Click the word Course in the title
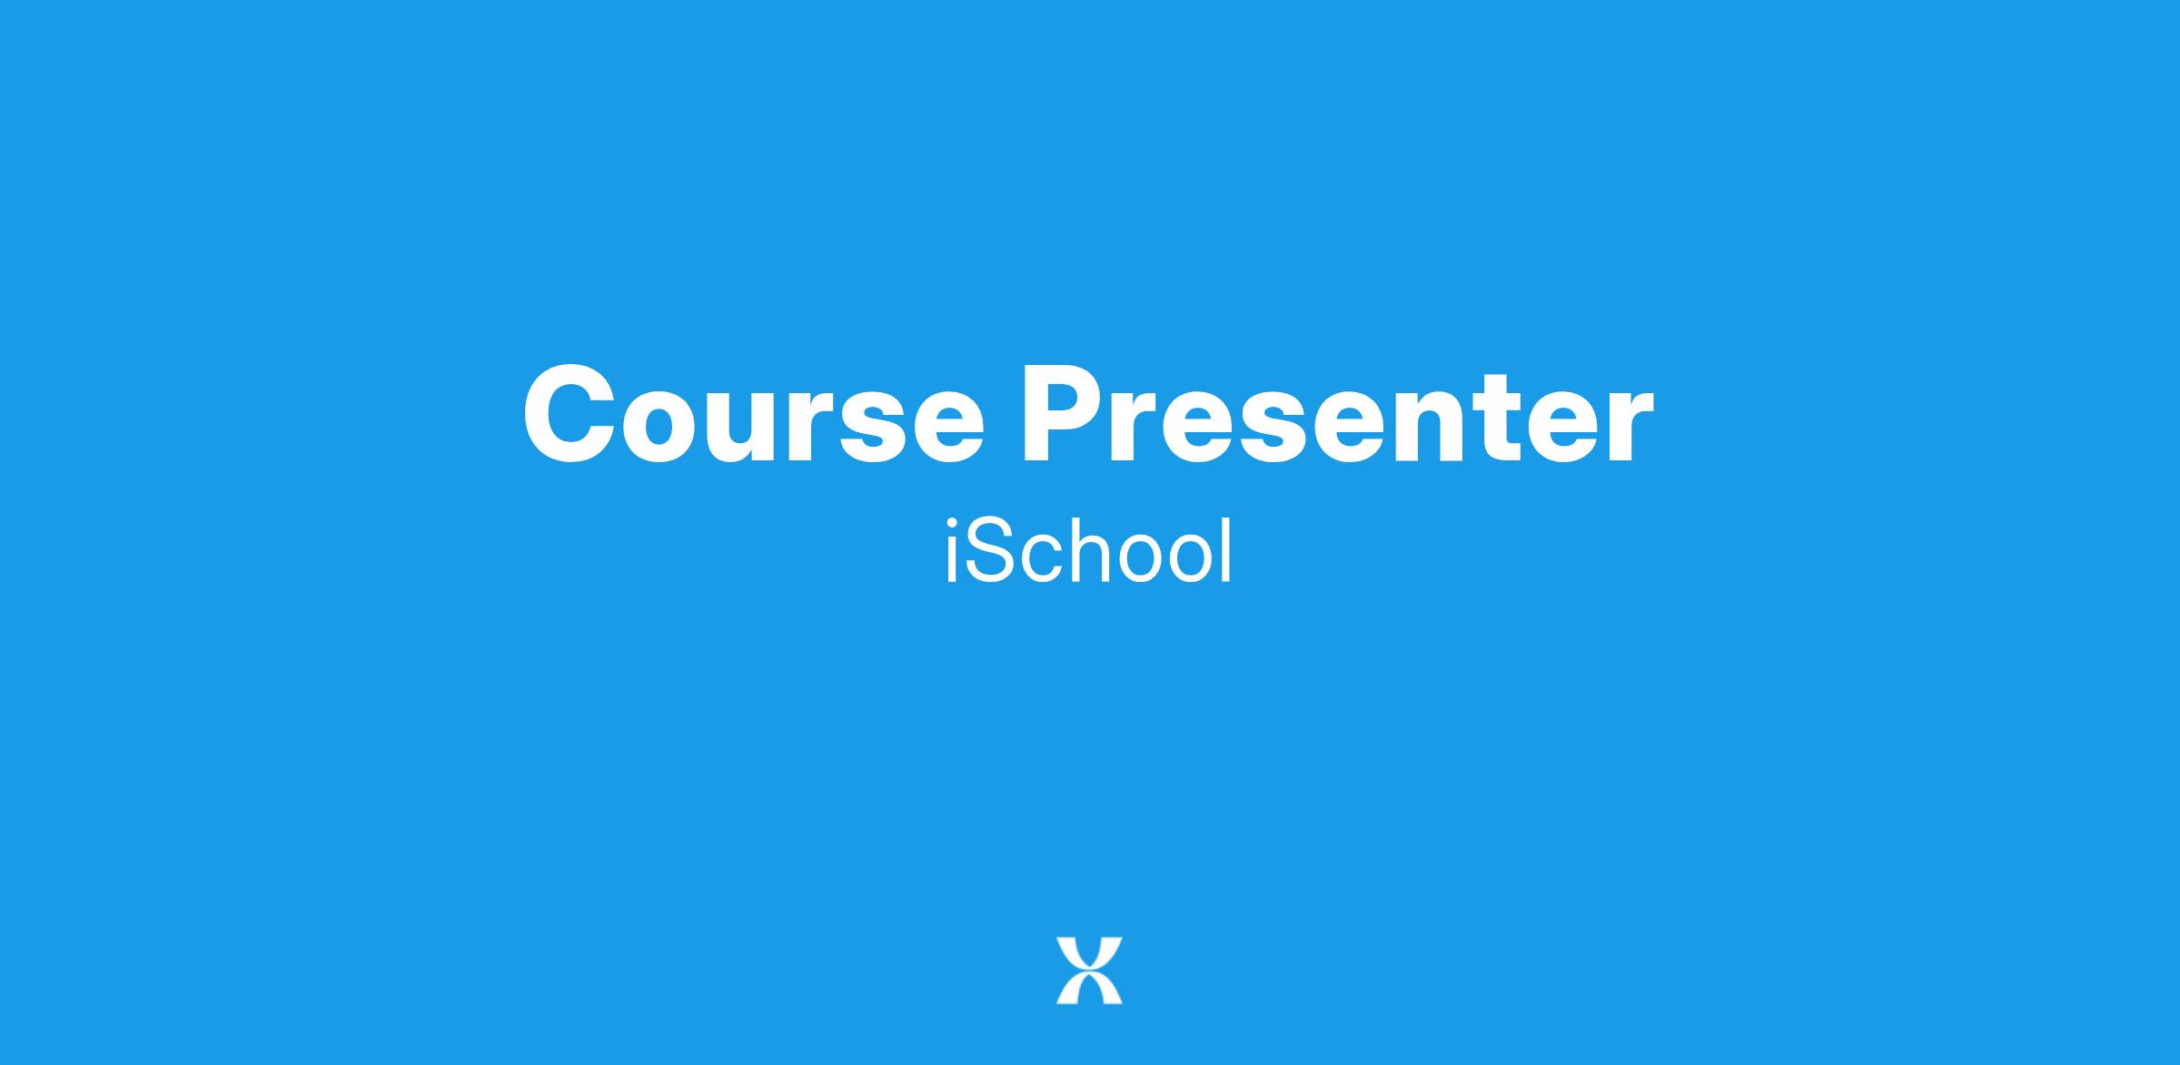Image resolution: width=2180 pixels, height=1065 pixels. click(x=753, y=415)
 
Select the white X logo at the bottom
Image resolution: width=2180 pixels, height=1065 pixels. click(x=1089, y=971)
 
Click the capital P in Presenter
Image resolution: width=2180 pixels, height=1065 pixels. click(x=1066, y=415)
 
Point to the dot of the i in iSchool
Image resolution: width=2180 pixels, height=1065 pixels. click(x=951, y=523)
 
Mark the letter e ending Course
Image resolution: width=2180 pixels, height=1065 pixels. click(x=941, y=428)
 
